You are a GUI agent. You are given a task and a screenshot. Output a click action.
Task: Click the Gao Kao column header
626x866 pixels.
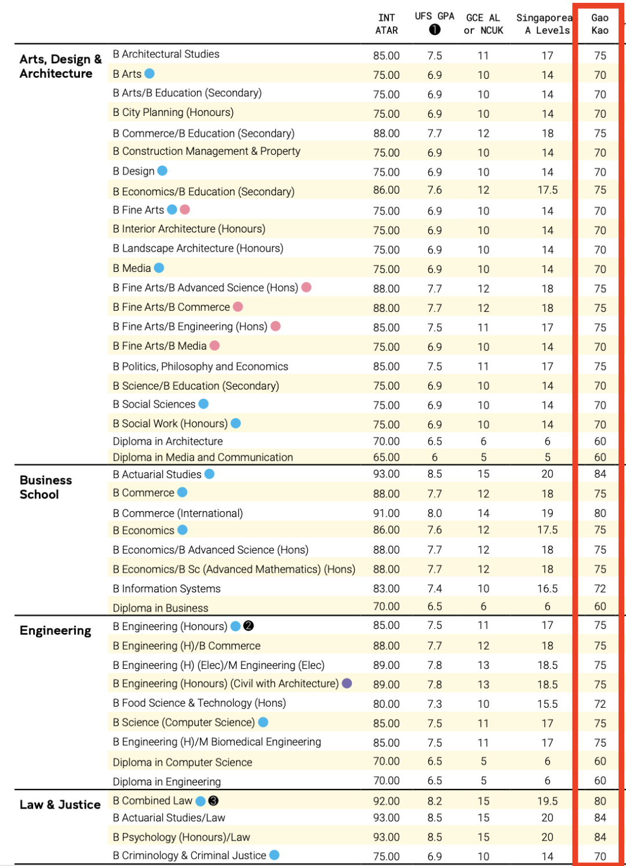point(599,24)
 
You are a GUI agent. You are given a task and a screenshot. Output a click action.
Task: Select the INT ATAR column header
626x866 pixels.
point(387,24)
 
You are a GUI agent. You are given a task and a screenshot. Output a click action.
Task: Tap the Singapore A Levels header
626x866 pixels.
point(545,24)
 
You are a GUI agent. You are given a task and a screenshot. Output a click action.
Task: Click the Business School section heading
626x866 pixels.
point(46,487)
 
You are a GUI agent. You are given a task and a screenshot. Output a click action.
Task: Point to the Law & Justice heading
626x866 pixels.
point(60,805)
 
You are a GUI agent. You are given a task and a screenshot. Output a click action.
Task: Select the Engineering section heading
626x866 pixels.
point(55,631)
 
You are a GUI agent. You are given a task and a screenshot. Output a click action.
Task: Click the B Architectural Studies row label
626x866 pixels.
point(166,54)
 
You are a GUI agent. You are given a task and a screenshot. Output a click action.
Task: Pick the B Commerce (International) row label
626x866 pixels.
point(177,513)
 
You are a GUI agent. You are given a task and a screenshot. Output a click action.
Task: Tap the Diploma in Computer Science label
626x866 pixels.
point(182,762)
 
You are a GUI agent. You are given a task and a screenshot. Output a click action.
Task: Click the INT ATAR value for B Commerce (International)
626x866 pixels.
point(387,513)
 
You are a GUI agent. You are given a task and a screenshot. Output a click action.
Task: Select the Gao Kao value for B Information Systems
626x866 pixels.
point(600,588)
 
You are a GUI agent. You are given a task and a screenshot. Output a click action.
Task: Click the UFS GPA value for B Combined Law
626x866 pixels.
point(435,801)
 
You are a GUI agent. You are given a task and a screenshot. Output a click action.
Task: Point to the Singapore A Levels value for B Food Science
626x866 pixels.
point(547,704)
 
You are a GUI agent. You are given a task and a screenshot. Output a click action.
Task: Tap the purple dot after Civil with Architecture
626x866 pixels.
point(347,683)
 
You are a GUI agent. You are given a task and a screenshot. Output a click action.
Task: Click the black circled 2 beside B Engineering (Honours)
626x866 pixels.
point(249,626)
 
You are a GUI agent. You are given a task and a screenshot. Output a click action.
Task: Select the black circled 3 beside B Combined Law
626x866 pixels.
point(213,801)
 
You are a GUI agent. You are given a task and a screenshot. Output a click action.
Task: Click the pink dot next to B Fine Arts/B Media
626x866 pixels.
point(214,346)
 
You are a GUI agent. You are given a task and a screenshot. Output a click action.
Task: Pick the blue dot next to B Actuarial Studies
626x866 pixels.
point(209,474)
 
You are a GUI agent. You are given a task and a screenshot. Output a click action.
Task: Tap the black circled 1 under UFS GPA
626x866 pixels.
point(435,30)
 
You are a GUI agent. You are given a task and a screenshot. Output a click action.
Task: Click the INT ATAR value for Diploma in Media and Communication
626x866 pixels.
point(387,457)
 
